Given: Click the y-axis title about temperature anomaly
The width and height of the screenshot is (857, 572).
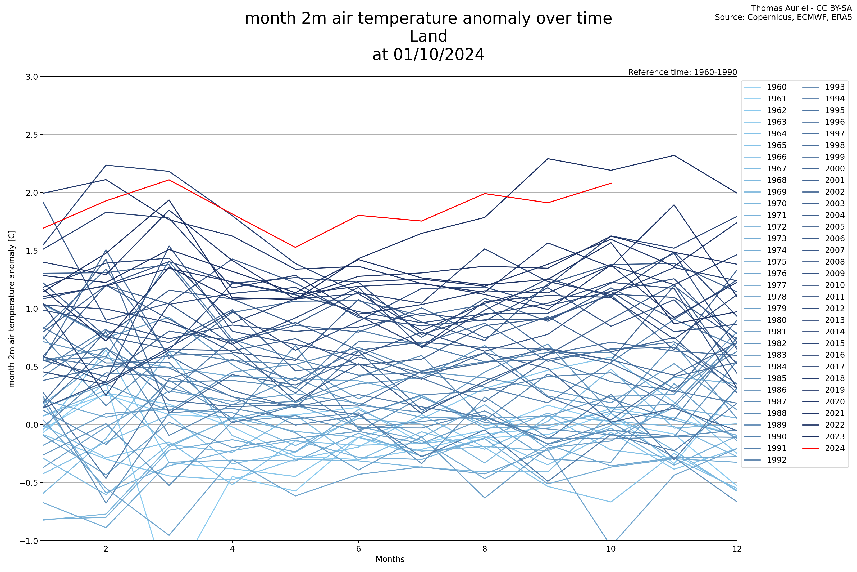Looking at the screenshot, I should pos(12,309).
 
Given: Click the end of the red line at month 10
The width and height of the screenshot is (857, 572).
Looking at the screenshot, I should pos(611,183).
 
